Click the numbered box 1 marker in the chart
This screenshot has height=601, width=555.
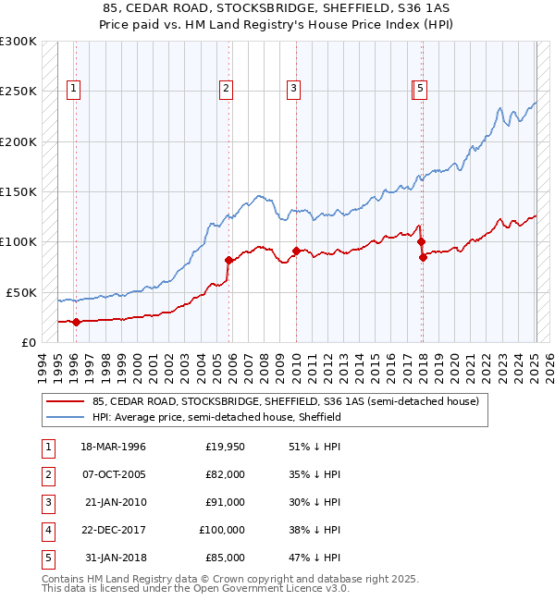tap(73, 89)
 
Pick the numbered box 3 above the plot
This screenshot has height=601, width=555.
tap(293, 89)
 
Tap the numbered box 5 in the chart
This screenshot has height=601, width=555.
tap(420, 89)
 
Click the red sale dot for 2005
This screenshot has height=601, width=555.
tap(228, 261)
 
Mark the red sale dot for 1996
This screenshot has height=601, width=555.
tap(77, 322)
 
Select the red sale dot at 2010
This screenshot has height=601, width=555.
tap(296, 251)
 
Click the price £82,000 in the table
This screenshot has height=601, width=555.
tap(225, 474)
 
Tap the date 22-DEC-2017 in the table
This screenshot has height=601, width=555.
tap(114, 530)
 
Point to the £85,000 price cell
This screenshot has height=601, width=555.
tap(225, 558)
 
